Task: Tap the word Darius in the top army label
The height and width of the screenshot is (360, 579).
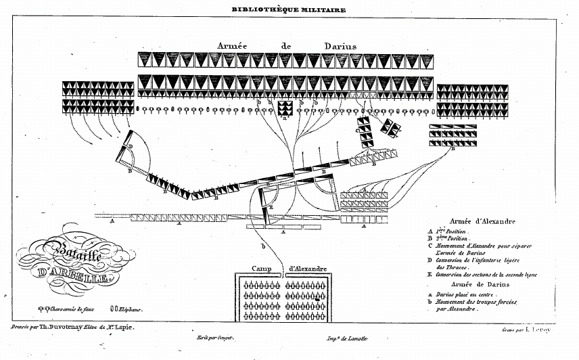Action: pyautogui.click(x=337, y=45)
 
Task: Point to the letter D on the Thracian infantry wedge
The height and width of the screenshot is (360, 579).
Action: pyautogui.click(x=130, y=146)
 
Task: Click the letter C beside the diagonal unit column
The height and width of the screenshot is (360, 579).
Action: pyautogui.click(x=356, y=131)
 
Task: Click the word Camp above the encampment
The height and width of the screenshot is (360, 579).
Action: pyautogui.click(x=265, y=269)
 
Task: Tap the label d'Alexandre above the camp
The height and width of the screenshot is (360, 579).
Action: pyautogui.click(x=308, y=269)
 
